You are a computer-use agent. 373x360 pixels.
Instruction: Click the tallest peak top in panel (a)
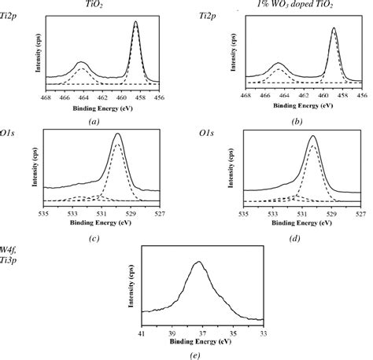[x=136, y=23]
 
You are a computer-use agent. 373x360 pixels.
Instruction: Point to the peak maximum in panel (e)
[x=200, y=263]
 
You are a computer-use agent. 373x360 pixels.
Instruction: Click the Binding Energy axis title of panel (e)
[x=202, y=342]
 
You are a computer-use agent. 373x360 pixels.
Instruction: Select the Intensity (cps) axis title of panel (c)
[x=35, y=165]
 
